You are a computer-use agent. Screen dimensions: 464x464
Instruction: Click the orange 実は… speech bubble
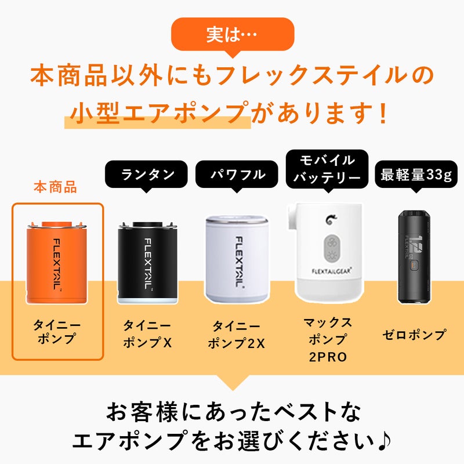(233, 35)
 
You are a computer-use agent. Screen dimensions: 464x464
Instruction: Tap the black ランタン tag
(147, 175)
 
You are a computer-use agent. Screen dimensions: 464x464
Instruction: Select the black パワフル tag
(237, 175)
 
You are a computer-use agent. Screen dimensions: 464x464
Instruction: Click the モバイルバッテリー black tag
(327, 169)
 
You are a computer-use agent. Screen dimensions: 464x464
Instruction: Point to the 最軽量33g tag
(416, 175)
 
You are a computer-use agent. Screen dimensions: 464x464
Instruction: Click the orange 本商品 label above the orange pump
(55, 187)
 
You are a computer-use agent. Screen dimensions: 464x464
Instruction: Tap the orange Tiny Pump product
(57, 263)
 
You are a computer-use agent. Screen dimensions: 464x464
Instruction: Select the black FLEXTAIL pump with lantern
(148, 263)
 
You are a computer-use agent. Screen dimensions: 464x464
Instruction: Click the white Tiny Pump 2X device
(237, 259)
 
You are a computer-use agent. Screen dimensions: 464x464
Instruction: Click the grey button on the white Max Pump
(331, 249)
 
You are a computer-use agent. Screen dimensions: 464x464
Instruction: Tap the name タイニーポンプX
(147, 334)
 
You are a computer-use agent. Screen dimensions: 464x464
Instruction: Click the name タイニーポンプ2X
(237, 335)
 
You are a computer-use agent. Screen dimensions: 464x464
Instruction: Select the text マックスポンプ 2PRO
(328, 340)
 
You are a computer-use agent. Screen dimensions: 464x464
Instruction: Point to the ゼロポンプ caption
(414, 335)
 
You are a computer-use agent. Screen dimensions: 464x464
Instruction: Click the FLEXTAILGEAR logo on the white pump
(331, 271)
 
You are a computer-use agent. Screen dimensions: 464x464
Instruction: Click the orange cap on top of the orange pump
(56, 224)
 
